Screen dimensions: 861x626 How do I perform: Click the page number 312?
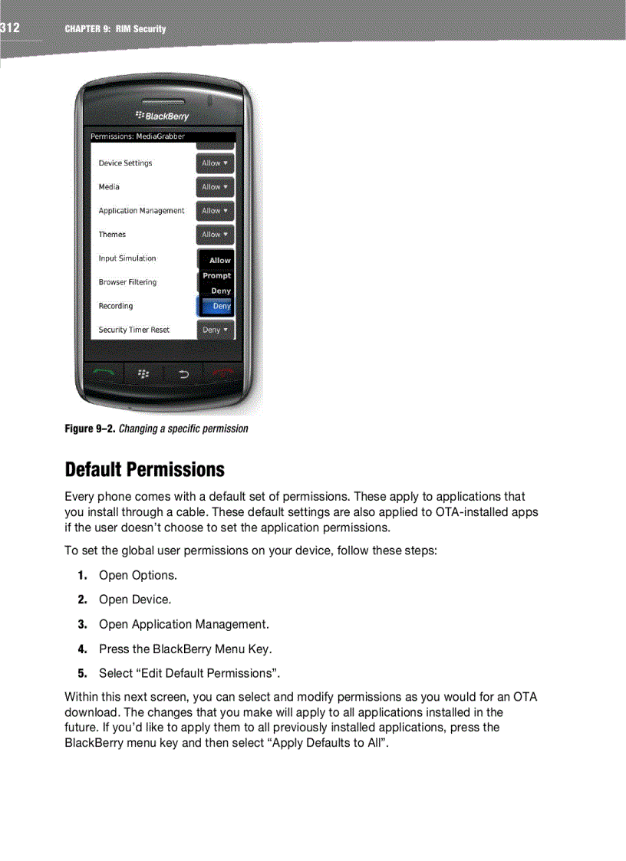pyautogui.click(x=10, y=28)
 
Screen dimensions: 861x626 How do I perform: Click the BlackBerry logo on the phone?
pyautogui.click(x=162, y=116)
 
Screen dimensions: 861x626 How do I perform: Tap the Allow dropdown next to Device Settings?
pyautogui.click(x=215, y=163)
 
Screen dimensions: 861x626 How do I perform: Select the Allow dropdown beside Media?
pyautogui.click(x=215, y=187)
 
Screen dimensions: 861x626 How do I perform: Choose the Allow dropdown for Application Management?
pyautogui.click(x=215, y=211)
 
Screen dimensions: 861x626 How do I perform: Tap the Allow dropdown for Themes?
pyautogui.click(x=215, y=235)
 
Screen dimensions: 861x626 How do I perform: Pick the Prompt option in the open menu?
pyautogui.click(x=216, y=275)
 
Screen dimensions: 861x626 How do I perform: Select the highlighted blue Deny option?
pyautogui.click(x=217, y=306)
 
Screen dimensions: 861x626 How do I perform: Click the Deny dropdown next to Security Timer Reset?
pyautogui.click(x=215, y=330)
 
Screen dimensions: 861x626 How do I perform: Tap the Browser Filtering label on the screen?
pyautogui.click(x=127, y=282)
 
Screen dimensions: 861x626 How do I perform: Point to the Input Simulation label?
pyautogui.click(x=127, y=258)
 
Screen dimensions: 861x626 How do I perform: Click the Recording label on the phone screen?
pyautogui.click(x=116, y=306)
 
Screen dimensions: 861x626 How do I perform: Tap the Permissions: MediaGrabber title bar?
pyautogui.click(x=163, y=136)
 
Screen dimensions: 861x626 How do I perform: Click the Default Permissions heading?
pyautogui.click(x=145, y=469)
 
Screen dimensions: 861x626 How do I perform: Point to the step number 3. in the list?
pyautogui.click(x=82, y=624)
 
